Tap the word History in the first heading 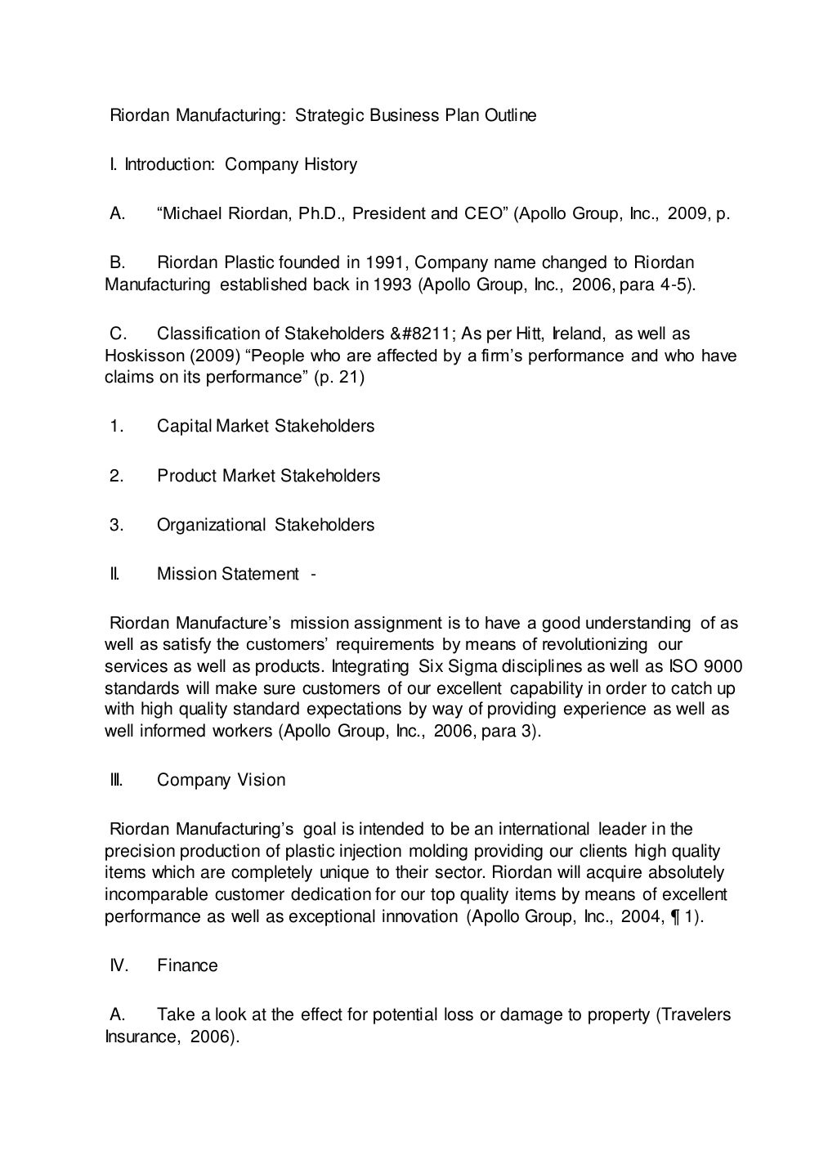[330, 164]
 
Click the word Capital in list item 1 [184, 426]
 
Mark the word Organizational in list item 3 [211, 524]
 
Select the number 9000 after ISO [723, 665]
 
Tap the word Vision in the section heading [262, 780]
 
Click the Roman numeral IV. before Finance [119, 965]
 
